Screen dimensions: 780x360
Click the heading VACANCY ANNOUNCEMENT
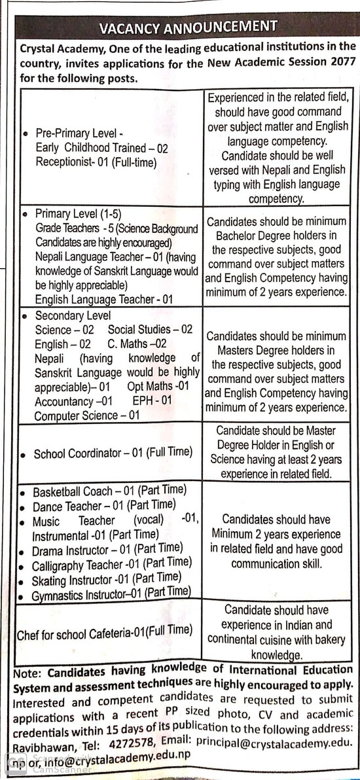[x=188, y=27]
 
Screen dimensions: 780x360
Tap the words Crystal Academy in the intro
[x=57, y=48]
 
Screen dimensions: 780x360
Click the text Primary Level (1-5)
[x=78, y=214]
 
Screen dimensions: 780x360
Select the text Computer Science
[x=77, y=416]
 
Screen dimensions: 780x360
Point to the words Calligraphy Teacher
[x=77, y=564]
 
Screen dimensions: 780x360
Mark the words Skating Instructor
[x=72, y=579]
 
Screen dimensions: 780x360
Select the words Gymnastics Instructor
[x=78, y=594]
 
